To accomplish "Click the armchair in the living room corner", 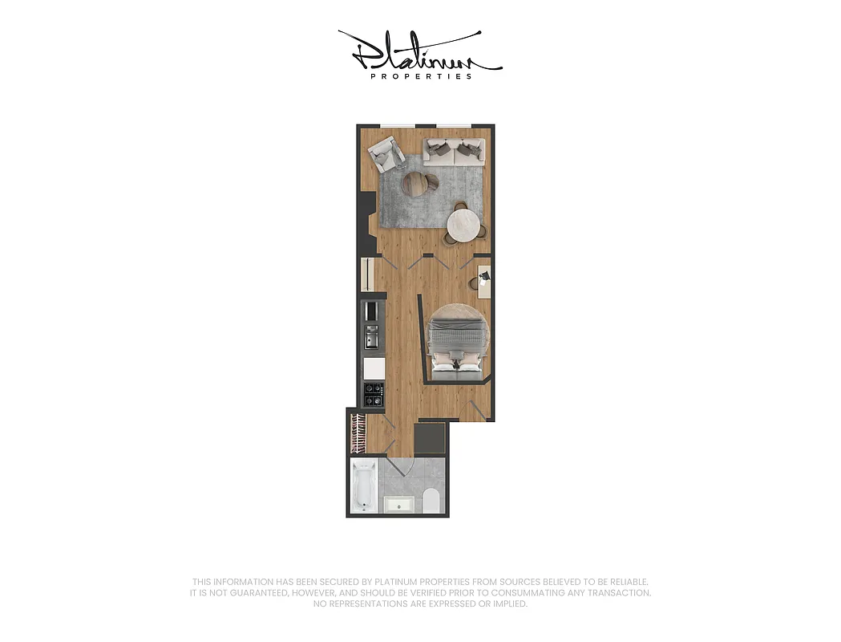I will coord(386,153).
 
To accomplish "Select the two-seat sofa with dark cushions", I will coord(454,151).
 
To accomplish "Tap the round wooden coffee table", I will coord(416,183).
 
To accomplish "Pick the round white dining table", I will coord(462,225).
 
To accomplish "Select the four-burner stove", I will coord(374,393).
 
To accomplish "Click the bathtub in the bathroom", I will coord(363,486).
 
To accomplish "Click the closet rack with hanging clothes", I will coord(358,434).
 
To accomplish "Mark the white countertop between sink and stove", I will coord(374,368).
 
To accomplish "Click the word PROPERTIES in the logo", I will coord(421,77).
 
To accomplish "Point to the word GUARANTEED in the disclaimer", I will coord(251,593).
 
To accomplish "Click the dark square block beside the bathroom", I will coord(431,438).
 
